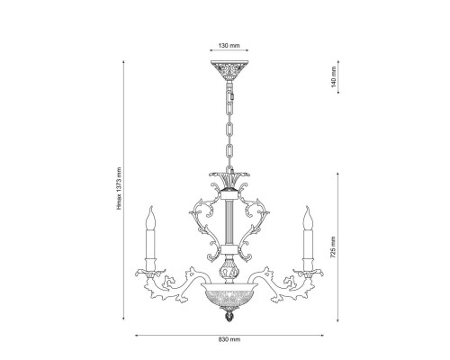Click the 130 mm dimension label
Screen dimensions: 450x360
(229, 46)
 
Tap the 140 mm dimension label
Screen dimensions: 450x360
(334, 77)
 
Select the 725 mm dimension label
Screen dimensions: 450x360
(333, 247)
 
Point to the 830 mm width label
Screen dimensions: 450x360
(229, 339)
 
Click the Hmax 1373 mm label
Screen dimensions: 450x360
(119, 188)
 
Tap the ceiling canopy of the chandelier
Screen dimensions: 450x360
(229, 70)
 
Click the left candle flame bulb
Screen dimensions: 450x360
(150, 218)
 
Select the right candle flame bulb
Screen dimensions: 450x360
(308, 218)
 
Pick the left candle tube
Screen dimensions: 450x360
(150, 244)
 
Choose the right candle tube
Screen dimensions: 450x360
(308, 244)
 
